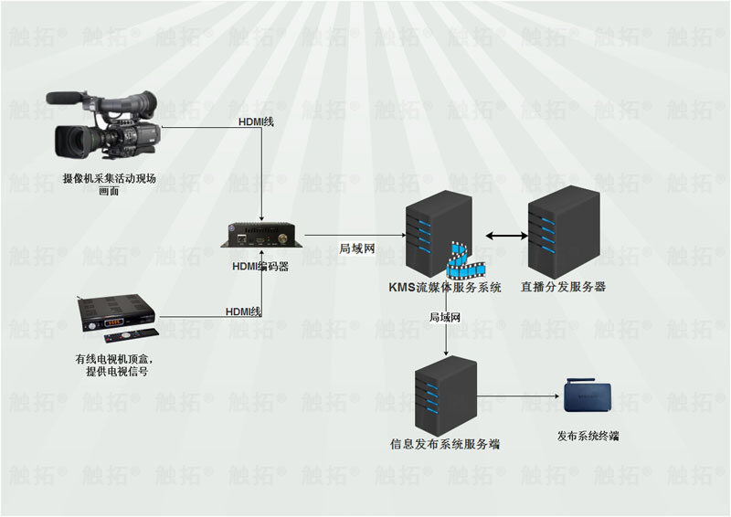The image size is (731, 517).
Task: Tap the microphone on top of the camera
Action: click(x=64, y=98)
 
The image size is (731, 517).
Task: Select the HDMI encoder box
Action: click(x=262, y=235)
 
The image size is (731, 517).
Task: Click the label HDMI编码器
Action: click(x=260, y=266)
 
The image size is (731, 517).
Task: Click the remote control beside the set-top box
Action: click(x=132, y=335)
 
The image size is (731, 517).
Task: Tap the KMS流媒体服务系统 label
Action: click(x=445, y=287)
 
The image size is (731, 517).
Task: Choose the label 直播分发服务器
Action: click(x=563, y=287)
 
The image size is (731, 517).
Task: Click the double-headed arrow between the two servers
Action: click(x=506, y=236)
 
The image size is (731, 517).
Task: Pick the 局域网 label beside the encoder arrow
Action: click(x=357, y=248)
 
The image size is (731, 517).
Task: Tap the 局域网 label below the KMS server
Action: click(x=445, y=318)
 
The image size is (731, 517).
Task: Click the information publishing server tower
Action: click(x=446, y=396)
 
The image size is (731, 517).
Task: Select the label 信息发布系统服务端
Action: click(x=445, y=444)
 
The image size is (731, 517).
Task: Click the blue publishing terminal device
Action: click(x=588, y=396)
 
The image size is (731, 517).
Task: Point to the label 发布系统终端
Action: click(x=588, y=437)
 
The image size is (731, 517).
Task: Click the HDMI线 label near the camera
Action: click(x=256, y=122)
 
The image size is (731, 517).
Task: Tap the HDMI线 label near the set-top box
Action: click(x=243, y=311)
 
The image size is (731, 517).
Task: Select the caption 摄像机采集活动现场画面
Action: click(x=109, y=185)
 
